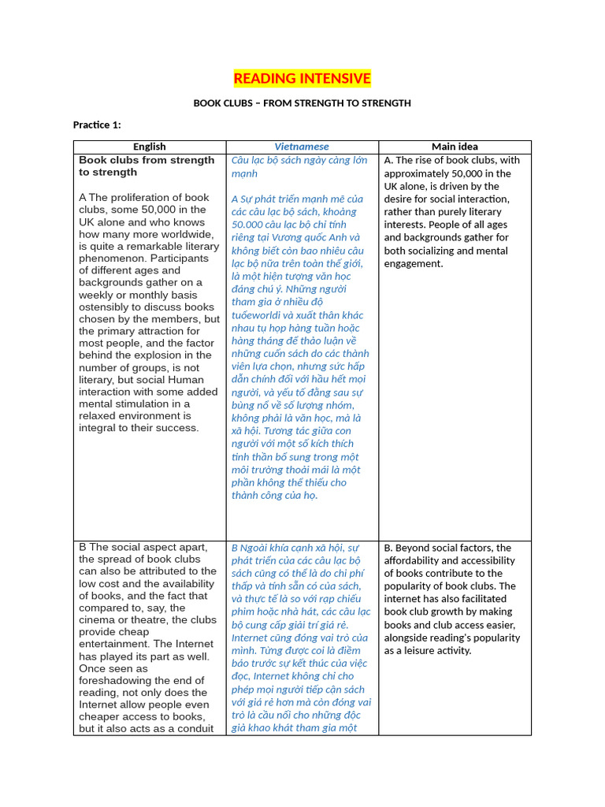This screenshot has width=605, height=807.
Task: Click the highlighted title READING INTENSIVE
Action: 302,78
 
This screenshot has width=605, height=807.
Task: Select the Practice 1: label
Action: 97,125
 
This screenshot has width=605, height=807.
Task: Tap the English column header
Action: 150,147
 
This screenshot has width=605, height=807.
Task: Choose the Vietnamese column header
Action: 302,147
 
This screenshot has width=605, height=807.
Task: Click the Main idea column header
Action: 455,147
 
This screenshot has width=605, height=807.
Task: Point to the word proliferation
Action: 150,197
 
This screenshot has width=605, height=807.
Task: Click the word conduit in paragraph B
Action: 195,728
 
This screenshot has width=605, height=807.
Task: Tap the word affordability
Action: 414,560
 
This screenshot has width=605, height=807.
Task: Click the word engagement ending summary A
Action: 413,263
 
